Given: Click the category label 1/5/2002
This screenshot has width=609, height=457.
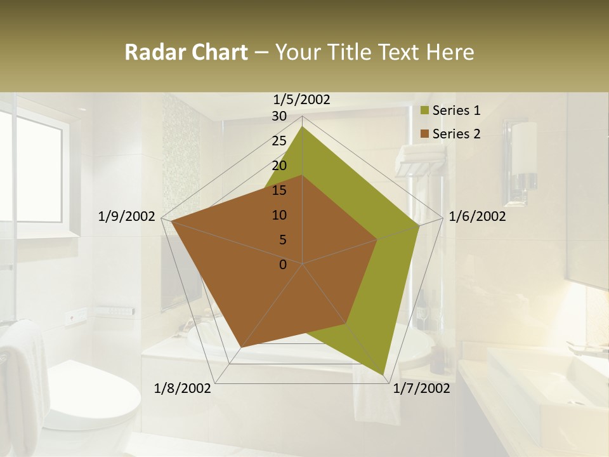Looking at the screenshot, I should click(x=302, y=100).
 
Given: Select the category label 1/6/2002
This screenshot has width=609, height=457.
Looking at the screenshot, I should click(x=477, y=216).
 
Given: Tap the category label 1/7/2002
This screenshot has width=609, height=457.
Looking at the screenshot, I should click(x=421, y=388).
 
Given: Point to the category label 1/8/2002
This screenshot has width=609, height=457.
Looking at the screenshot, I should click(x=183, y=388).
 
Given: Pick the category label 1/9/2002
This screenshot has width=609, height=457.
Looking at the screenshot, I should click(x=127, y=216).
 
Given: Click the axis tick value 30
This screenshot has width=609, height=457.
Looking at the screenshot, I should click(x=279, y=116).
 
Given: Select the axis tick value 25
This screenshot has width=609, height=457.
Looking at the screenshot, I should click(x=279, y=141).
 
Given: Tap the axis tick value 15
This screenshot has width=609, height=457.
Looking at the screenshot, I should click(x=279, y=190).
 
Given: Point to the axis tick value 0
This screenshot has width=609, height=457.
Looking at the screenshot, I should click(x=283, y=264).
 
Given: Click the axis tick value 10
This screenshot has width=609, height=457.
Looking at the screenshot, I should click(x=279, y=215).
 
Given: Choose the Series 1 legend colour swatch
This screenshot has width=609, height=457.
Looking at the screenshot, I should click(x=425, y=111).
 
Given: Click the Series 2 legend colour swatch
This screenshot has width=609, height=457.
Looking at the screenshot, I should click(x=425, y=134).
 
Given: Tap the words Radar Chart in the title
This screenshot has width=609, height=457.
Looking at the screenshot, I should click(x=186, y=52).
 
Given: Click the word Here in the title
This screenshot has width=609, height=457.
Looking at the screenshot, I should click(x=450, y=52).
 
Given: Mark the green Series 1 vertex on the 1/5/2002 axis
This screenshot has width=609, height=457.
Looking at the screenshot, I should click(x=302, y=127).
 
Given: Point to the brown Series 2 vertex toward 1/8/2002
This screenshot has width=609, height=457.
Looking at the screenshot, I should click(x=241, y=347).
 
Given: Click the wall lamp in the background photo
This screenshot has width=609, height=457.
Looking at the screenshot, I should click(x=524, y=152).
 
